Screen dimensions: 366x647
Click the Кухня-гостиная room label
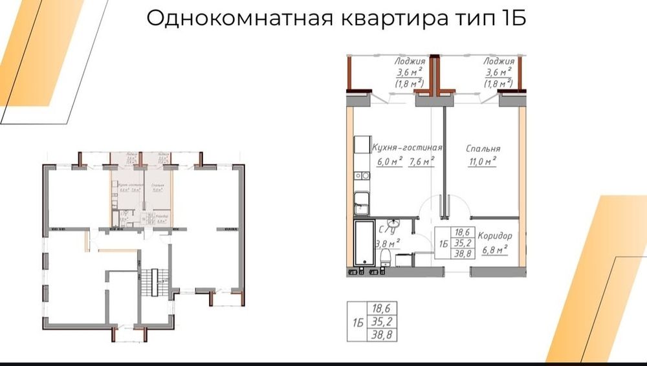click(x=407, y=148)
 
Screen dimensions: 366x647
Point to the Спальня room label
click(x=482, y=149)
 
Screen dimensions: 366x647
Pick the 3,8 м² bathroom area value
click(x=387, y=243)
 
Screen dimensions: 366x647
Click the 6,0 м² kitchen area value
click(x=389, y=162)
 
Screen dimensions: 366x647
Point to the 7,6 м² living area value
click(x=420, y=162)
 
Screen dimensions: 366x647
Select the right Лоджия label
click(x=498, y=62)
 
